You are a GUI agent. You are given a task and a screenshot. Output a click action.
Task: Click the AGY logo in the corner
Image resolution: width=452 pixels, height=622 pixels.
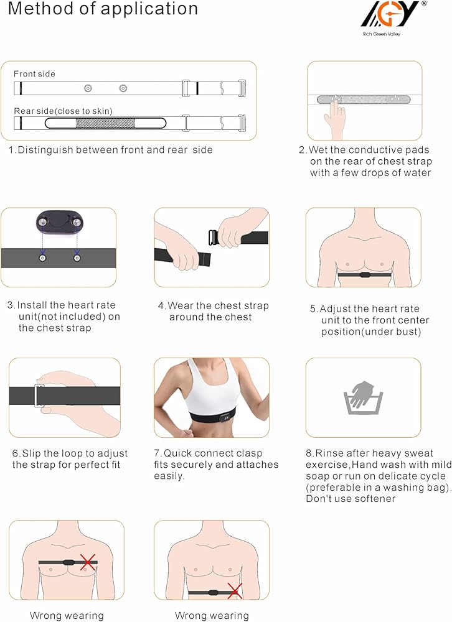tap(393, 14)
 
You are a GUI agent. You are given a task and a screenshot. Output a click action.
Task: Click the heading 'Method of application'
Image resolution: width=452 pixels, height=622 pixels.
tap(103, 9)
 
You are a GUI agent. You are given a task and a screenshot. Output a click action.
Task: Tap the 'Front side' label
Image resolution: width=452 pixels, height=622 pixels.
tap(34, 74)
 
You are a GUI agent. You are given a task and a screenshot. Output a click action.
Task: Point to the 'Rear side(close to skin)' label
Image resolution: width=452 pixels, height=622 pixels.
tap(63, 111)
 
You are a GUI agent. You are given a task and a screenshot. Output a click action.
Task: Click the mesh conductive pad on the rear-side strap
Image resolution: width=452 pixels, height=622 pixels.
tap(105, 123)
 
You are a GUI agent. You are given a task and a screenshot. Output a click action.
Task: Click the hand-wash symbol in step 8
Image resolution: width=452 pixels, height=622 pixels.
tap(363, 397)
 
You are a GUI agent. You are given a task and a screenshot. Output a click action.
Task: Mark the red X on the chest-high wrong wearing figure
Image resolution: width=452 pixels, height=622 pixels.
tap(88, 562)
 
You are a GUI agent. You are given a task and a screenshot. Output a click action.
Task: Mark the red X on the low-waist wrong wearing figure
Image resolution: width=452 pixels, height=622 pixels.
tap(234, 591)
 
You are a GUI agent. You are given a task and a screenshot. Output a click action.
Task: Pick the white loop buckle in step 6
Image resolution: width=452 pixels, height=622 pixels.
tap(39, 396)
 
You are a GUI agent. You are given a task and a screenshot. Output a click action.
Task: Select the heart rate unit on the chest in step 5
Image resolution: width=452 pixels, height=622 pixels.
tap(364, 274)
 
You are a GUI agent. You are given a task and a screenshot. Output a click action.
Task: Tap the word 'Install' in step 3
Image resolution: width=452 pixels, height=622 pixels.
tap(32, 305)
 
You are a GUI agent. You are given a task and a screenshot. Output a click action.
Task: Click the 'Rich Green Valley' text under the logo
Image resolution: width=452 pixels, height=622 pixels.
tap(381, 34)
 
